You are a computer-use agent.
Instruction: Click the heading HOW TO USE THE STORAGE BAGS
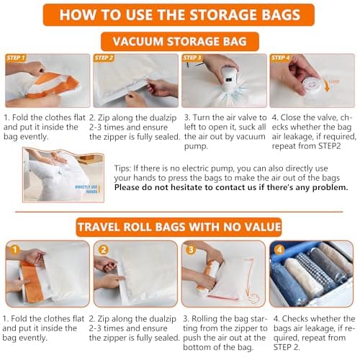[180, 14]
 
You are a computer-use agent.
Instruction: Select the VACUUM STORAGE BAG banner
[180, 42]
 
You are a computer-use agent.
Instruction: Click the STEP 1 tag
[16, 58]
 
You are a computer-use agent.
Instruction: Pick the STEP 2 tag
[104, 58]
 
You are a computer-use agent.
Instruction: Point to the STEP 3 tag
[192, 58]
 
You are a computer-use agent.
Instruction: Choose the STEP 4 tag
[280, 58]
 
